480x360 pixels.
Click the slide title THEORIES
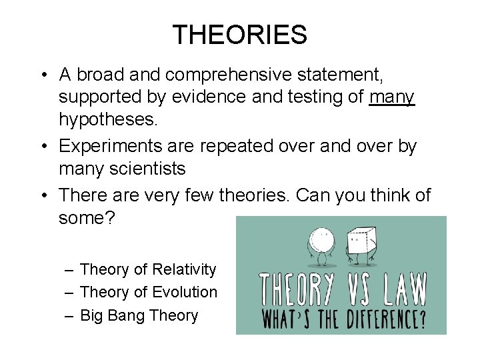click(239, 35)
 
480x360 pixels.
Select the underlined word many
click(392, 97)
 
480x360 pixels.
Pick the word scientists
click(145, 169)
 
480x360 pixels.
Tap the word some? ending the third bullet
click(87, 218)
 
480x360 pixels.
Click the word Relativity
click(184, 269)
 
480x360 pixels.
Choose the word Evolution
click(185, 292)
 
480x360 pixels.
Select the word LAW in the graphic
click(401, 289)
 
